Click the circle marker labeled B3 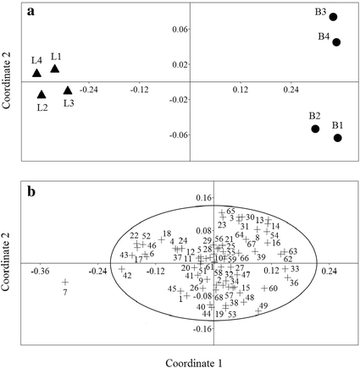333,17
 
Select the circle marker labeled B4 336,42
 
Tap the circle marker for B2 315,129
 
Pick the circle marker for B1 337,137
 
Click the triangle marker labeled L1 55,69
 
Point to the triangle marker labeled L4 37,74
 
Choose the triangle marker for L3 68,90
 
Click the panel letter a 31,13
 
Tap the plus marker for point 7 64,283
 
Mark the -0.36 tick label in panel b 40,271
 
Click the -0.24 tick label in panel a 89,87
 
